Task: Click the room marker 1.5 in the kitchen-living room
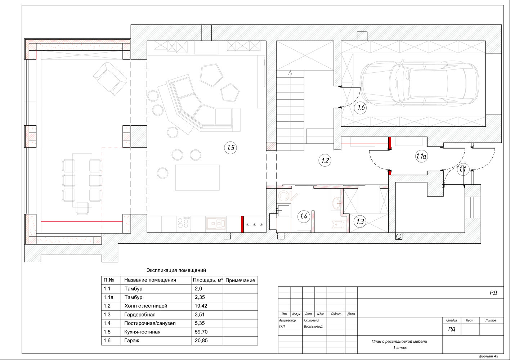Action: (231, 148)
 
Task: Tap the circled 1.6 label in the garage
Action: (361, 107)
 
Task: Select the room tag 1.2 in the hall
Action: (325, 161)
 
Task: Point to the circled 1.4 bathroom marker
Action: (304, 216)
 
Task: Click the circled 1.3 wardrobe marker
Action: (360, 221)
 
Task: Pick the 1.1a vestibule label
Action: (421, 156)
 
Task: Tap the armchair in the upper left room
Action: (110, 78)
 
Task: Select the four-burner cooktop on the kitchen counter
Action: (183, 223)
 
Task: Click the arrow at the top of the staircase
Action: (290, 73)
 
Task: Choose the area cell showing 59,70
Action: (201, 332)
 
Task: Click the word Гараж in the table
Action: (131, 341)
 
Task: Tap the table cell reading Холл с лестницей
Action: (146, 306)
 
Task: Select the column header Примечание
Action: (240, 280)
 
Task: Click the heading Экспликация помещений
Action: (176, 270)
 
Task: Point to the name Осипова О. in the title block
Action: (312, 320)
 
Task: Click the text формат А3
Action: (488, 356)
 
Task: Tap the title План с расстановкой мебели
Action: (399, 341)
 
